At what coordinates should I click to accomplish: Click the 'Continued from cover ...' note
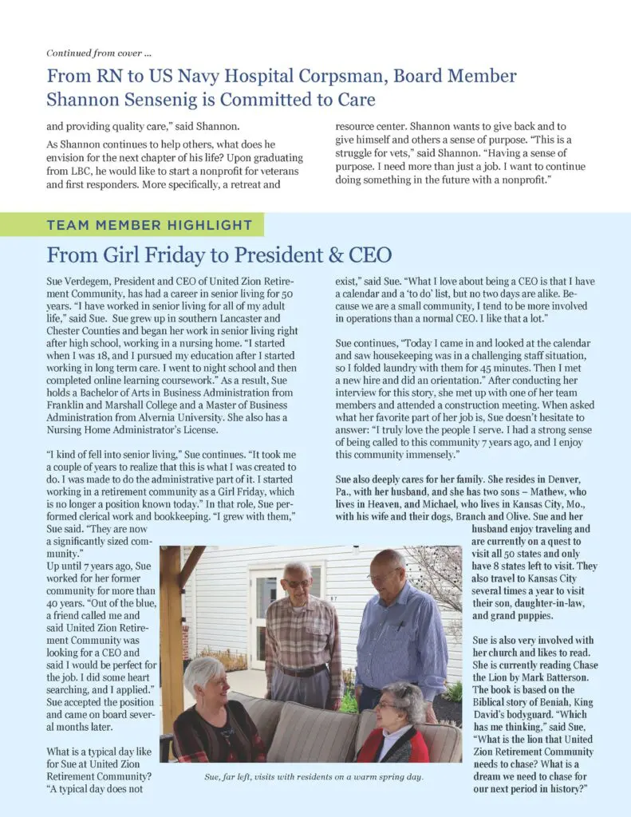tap(99, 53)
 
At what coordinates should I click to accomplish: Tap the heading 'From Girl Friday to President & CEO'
tap(219, 255)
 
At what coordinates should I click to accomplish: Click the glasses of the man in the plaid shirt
tap(297, 582)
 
